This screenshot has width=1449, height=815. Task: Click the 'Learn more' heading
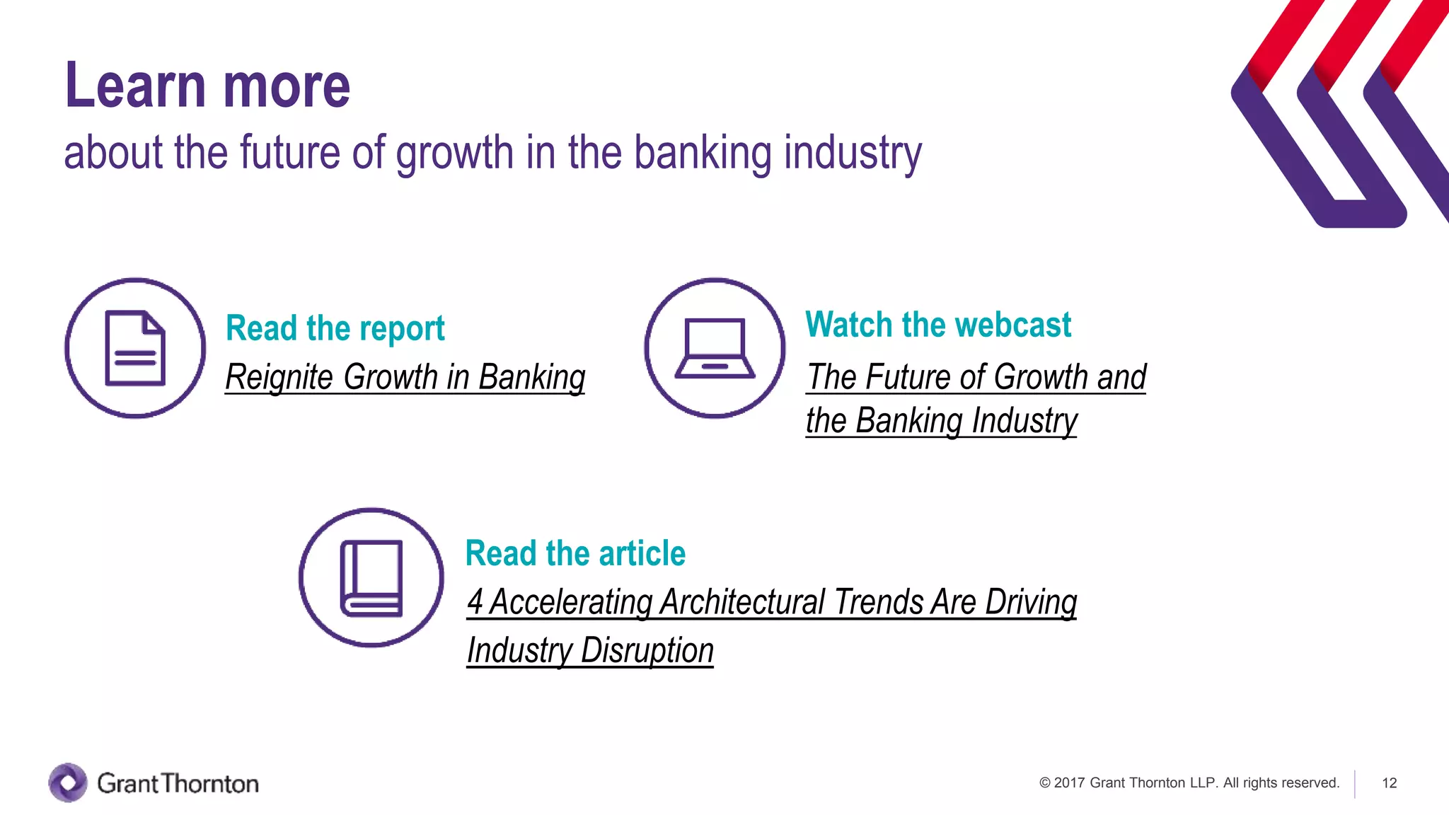click(x=207, y=86)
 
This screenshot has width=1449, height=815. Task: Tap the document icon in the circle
click(x=135, y=348)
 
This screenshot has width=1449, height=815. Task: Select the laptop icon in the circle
click(x=715, y=348)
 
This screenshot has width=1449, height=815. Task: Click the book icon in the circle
click(x=371, y=578)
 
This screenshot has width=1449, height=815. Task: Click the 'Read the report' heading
click(x=335, y=328)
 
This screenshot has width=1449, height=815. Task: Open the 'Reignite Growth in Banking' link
click(x=405, y=376)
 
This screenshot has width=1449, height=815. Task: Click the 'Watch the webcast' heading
click(x=938, y=325)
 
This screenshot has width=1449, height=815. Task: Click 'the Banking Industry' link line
click(x=941, y=420)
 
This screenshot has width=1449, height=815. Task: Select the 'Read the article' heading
click(x=575, y=553)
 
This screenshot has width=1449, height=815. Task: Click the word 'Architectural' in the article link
click(x=742, y=602)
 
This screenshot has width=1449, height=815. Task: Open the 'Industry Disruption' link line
click(x=590, y=650)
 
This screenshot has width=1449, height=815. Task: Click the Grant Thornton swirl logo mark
click(x=68, y=782)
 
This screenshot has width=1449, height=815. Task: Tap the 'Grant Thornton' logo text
click(x=178, y=783)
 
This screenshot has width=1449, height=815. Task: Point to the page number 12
click(x=1389, y=783)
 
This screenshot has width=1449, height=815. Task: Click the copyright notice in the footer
click(x=1189, y=783)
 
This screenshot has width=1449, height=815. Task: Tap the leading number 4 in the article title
click(x=475, y=602)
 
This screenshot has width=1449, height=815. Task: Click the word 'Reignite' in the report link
click(x=279, y=376)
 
